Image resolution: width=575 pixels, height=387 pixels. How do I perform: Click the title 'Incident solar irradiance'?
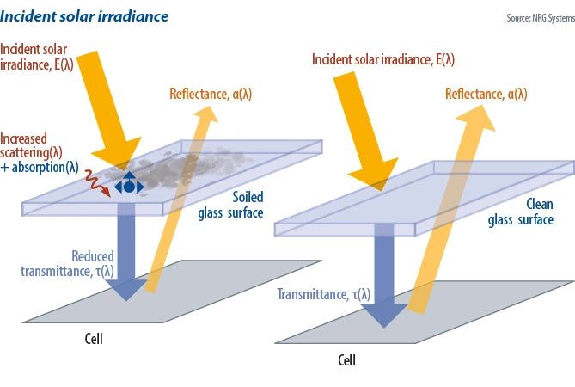coord(84,15)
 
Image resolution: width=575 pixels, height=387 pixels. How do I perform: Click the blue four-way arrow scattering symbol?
coord(128,185)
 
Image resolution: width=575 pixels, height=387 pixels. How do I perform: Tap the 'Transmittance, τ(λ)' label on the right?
coord(323,295)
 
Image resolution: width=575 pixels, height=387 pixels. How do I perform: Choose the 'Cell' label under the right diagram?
coord(346,359)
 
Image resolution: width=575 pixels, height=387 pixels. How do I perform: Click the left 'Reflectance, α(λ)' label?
coord(208,95)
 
